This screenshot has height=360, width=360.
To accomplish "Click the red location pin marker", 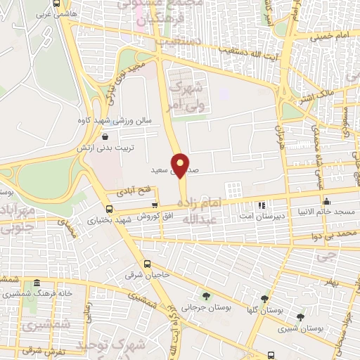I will pyautogui.click(x=181, y=165).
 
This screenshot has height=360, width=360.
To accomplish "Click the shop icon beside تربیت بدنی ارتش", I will pyautogui.click(x=105, y=138).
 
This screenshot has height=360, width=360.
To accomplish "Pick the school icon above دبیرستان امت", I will pyautogui.click(x=261, y=205).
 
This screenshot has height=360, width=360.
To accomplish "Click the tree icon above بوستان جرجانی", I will pyautogui.click(x=206, y=295).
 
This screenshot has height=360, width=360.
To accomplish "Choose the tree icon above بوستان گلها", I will pyautogui.click(x=264, y=298).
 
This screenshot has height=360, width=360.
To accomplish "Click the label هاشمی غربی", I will pyautogui.click(x=37, y=13).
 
